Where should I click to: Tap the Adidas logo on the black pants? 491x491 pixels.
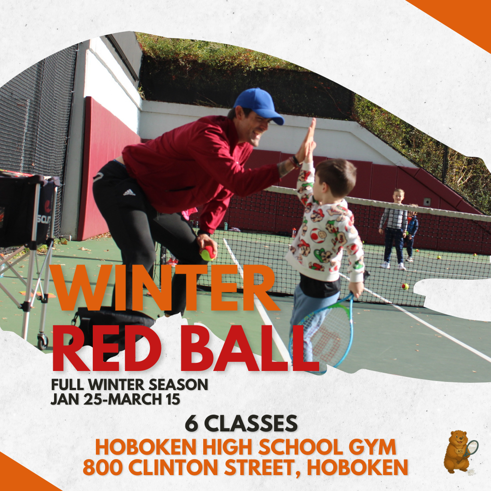(x=129, y=192)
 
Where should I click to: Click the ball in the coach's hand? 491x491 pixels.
(x=208, y=253)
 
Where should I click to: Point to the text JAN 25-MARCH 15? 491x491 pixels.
(x=115, y=399)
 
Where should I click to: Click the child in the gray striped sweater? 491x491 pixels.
(x=394, y=227)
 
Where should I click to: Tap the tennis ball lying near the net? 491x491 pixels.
(x=405, y=286)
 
